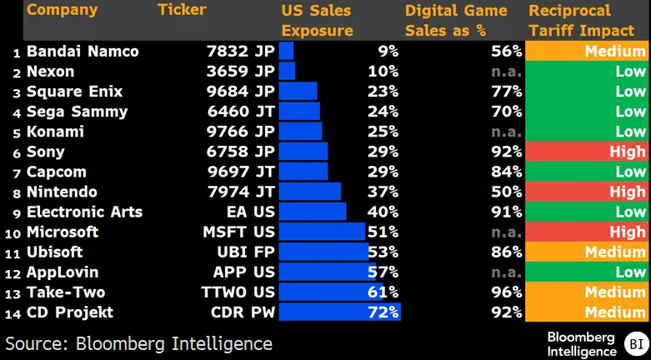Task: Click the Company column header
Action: [x=62, y=11]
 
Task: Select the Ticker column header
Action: [x=182, y=11]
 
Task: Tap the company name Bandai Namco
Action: [x=83, y=52]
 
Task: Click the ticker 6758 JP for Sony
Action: [x=240, y=152]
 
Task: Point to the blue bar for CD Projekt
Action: [x=340, y=312]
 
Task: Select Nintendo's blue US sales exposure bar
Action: [x=310, y=192]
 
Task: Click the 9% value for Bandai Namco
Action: [x=388, y=52]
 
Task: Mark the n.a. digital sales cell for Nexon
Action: [x=506, y=72]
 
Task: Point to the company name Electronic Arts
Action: [x=84, y=212]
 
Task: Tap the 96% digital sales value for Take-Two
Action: [x=505, y=292]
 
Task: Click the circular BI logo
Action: [x=636, y=343]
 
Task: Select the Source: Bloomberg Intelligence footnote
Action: [x=138, y=343]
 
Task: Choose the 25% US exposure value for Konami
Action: [x=383, y=132]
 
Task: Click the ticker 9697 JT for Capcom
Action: [x=240, y=172]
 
